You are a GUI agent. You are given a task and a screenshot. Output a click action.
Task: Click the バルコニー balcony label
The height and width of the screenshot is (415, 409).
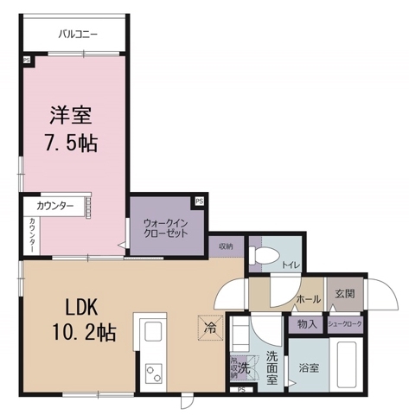point(79,35)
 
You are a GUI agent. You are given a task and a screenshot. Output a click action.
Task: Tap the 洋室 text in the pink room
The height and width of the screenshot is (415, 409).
point(70,113)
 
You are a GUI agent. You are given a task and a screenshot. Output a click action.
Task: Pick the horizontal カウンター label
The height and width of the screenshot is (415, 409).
point(54,207)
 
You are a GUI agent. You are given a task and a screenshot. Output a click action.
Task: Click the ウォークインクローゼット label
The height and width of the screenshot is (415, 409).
point(166,227)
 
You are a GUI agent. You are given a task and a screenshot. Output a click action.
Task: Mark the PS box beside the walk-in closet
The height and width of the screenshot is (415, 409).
point(200,201)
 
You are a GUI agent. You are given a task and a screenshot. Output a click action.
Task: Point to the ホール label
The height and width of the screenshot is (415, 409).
point(309,298)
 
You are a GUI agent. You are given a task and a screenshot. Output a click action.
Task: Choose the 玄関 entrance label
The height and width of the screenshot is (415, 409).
point(344,295)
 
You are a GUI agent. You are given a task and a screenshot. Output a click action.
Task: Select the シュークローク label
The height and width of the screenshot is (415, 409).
point(345,323)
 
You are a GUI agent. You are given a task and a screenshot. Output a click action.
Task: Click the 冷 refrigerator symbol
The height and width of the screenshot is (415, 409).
point(211,328)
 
